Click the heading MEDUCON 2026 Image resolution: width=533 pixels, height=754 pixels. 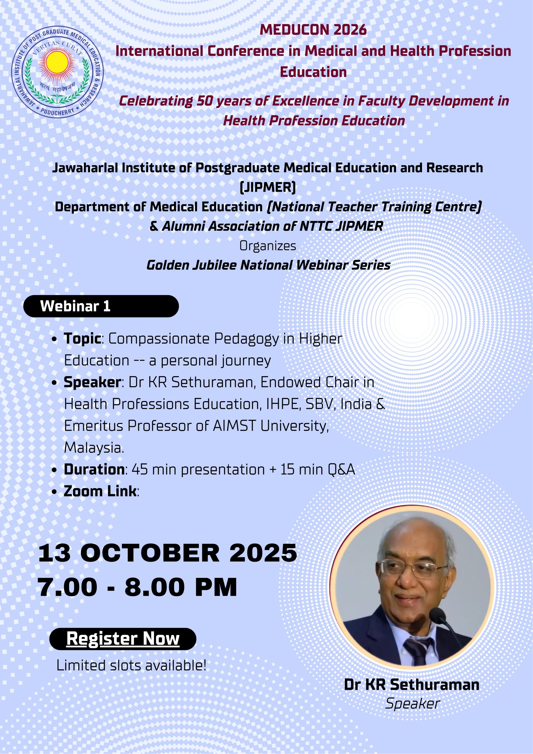313,30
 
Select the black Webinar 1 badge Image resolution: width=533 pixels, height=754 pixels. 101,306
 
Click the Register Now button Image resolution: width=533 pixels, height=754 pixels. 123,639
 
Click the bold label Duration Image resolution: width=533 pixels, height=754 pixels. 94,469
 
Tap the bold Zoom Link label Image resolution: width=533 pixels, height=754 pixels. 100,491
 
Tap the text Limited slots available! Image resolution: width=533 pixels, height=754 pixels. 132,665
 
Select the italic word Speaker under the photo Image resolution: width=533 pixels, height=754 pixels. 413,704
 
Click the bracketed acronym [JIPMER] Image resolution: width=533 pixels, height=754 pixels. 268,187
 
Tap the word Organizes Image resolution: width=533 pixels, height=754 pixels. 268,246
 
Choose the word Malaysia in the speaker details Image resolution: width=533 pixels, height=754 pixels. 94,448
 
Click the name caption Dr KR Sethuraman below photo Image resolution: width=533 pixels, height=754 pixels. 412,685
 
